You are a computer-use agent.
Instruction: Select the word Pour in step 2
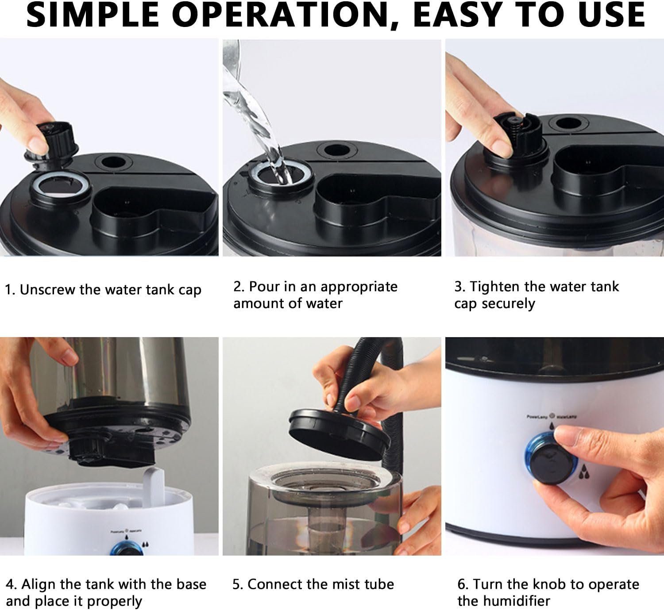tap(264, 287)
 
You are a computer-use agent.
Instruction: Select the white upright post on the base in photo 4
tap(154, 487)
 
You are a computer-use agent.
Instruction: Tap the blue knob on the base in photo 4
tap(126, 549)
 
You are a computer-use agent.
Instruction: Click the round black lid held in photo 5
tap(339, 434)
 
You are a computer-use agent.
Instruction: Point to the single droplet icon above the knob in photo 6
tap(552, 426)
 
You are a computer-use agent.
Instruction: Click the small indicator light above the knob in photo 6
tap(552, 416)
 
